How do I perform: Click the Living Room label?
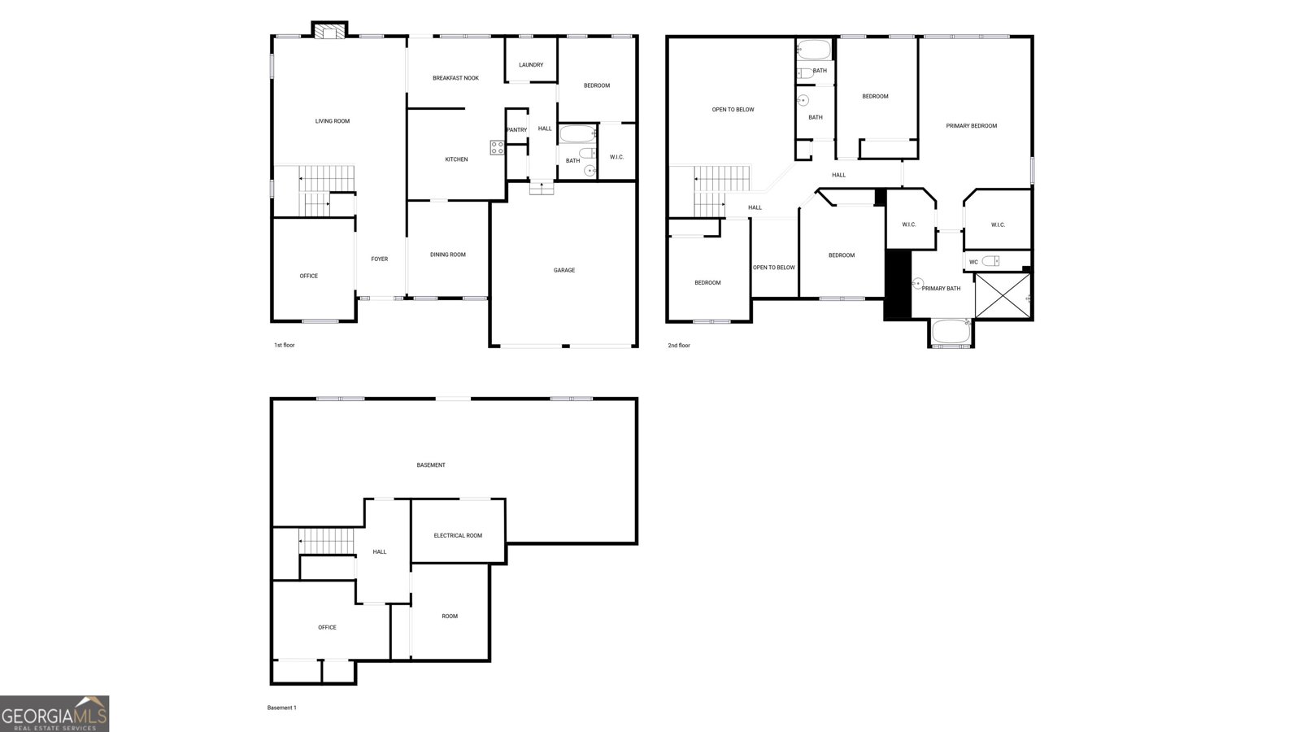pos(332,121)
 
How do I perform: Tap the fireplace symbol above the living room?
pos(329,31)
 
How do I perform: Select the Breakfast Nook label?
pos(455,78)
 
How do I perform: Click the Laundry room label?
pos(531,65)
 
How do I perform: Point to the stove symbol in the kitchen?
pos(497,147)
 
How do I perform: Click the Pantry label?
pos(516,130)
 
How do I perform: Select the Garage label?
pos(564,270)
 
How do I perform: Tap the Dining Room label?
pos(447,255)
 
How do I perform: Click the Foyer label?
pos(380,259)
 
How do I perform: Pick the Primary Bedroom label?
pos(971,126)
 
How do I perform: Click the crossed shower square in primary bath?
pos(1003,296)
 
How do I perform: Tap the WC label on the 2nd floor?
pos(973,262)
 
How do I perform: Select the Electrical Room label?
pos(458,535)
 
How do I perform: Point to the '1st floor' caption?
pos(284,346)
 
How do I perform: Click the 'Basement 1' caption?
pos(281,708)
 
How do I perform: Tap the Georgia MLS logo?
pos(54,713)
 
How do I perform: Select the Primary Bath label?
pos(941,289)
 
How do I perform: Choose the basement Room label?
pos(450,617)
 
